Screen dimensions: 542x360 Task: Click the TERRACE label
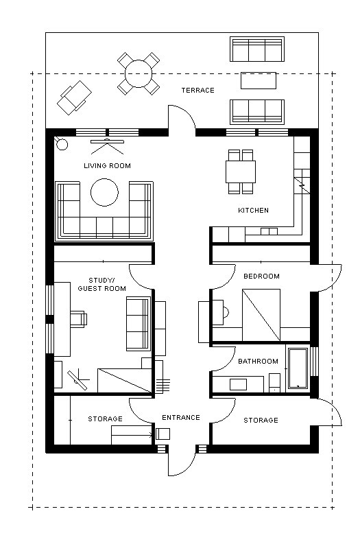pyautogui.click(x=197, y=90)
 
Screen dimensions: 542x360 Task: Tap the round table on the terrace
pyautogui.click(x=138, y=72)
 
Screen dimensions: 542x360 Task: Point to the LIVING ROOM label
pyautogui.click(x=107, y=166)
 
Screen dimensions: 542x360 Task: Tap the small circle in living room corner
pyautogui.click(x=62, y=145)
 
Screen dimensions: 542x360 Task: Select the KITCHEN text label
pyautogui.click(x=253, y=210)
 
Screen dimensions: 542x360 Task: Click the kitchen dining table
pyautogui.click(x=241, y=170)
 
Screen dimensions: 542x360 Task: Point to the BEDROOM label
pyautogui.click(x=261, y=276)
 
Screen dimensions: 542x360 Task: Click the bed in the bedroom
pyautogui.click(x=261, y=314)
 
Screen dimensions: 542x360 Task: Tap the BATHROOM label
pyautogui.click(x=258, y=361)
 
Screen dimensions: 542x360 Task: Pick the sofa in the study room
pyautogui.click(x=138, y=323)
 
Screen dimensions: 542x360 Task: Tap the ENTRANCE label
pyautogui.click(x=180, y=417)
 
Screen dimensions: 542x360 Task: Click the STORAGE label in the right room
pyautogui.click(x=261, y=420)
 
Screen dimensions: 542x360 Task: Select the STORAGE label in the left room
pyautogui.click(x=105, y=419)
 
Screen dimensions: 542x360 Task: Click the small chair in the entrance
pyautogui.click(x=163, y=433)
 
